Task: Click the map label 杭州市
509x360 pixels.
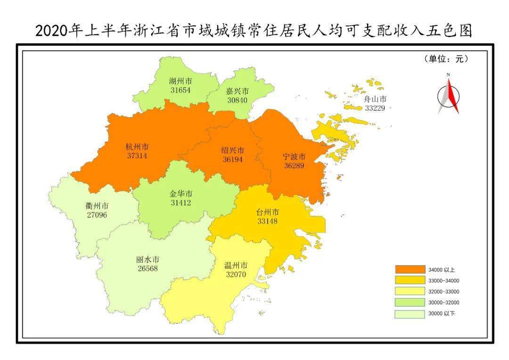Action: pos(137,146)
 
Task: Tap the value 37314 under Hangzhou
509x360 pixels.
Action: pos(137,155)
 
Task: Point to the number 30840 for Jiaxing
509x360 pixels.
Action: pos(237,100)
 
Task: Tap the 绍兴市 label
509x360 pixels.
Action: pos(232,150)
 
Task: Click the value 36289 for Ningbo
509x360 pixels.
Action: pos(294,165)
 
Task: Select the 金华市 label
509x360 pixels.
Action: pos(181,194)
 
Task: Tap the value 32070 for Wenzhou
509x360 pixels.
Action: pos(235,274)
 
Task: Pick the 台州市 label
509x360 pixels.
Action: pos(267,212)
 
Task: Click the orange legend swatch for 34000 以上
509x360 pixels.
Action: pos(408,270)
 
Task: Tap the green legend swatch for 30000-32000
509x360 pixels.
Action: pos(408,303)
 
